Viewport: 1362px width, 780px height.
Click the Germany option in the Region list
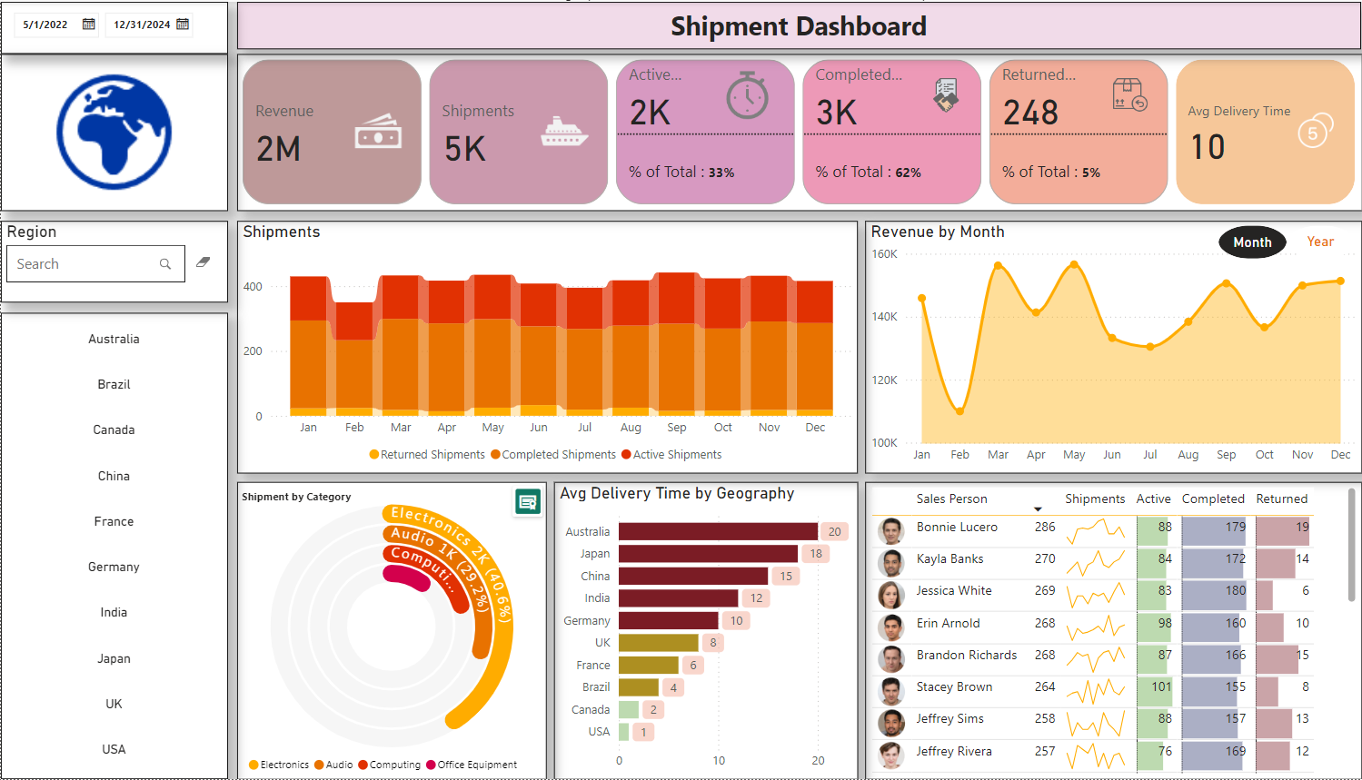coord(114,567)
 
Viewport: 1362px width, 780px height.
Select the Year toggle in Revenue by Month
coord(1320,242)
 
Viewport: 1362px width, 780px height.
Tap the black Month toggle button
coord(1252,242)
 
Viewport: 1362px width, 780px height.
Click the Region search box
coord(86,264)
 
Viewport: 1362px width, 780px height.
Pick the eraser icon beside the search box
coord(204,262)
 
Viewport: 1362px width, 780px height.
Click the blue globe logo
coord(114,132)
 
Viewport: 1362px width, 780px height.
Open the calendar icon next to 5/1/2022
coord(89,25)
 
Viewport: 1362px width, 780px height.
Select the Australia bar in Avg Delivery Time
coord(718,531)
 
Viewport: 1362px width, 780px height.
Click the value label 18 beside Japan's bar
coord(816,553)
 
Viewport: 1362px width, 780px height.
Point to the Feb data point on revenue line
coord(959,411)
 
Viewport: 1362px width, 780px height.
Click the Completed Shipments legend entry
coord(553,455)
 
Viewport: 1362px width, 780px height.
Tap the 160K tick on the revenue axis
coord(884,254)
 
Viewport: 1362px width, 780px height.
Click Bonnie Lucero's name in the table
coord(957,527)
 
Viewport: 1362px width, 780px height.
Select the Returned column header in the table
coord(1281,499)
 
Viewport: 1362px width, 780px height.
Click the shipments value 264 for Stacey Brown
coord(1045,686)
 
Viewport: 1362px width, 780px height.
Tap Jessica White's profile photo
coord(890,595)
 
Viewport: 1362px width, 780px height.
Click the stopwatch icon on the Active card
coord(747,95)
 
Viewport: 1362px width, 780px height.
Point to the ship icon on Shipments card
coord(563,132)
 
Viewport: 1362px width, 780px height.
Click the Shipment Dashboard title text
coord(798,26)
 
